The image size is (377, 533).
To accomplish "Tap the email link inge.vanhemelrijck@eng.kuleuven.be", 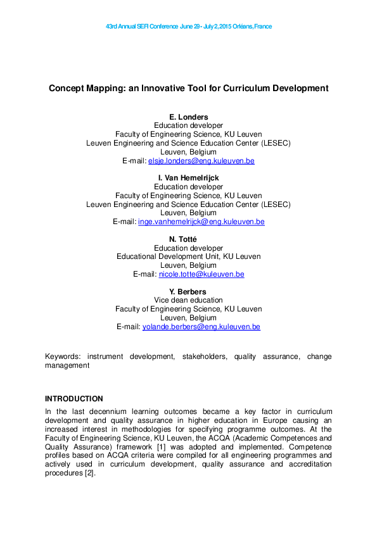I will pyautogui.click(x=201, y=222).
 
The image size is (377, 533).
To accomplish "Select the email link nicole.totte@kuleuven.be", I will pyautogui.click(x=201, y=274).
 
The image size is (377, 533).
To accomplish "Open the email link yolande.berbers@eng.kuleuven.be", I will pyautogui.click(x=201, y=327).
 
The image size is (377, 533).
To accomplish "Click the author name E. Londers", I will pyautogui.click(x=188, y=117).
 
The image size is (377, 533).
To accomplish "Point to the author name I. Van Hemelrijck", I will pyautogui.click(x=188, y=178).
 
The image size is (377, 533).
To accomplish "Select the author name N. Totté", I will pyautogui.click(x=188, y=239).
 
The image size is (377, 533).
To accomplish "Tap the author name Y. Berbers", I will pyautogui.click(x=188, y=291).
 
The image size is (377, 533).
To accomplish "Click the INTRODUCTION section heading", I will pyautogui.click(x=73, y=399).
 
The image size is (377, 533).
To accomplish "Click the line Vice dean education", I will pyautogui.click(x=188, y=300).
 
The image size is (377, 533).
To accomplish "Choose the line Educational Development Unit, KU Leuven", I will pyautogui.click(x=188, y=256).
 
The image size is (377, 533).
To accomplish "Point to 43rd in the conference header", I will pyautogui.click(x=112, y=27).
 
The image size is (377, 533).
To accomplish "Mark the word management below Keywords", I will pyautogui.click(x=67, y=365).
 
